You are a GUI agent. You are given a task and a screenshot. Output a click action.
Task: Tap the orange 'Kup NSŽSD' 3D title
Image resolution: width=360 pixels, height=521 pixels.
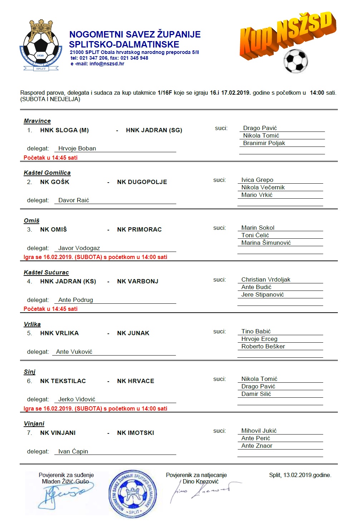(x=287, y=35)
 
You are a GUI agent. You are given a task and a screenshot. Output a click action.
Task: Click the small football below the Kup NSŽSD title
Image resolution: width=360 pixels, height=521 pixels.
(x=295, y=61)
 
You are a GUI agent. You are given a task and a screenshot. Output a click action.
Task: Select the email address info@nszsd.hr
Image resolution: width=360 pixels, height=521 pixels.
(x=107, y=64)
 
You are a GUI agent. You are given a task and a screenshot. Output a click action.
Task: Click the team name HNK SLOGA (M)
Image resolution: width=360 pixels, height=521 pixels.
(x=64, y=130)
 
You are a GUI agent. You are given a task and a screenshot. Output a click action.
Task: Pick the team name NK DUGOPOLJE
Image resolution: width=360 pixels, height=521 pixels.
(x=142, y=182)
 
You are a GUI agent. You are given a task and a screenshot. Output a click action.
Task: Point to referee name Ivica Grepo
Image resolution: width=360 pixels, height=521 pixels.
(x=257, y=180)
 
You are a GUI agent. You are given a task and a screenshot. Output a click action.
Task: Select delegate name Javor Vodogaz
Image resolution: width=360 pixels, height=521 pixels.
(x=79, y=248)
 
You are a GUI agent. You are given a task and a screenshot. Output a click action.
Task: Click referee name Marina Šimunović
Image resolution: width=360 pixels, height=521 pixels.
(x=266, y=243)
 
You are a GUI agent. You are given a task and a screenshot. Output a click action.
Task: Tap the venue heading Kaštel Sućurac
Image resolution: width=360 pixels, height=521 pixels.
(x=46, y=273)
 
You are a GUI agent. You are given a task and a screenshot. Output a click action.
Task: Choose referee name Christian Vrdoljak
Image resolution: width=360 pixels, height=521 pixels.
(x=266, y=280)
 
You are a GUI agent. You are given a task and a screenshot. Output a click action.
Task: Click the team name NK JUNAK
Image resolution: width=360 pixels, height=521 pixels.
(x=133, y=333)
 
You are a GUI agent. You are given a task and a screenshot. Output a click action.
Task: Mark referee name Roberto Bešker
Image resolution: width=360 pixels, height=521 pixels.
(x=263, y=347)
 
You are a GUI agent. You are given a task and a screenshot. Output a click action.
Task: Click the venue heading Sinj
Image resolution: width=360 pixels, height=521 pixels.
(x=30, y=372)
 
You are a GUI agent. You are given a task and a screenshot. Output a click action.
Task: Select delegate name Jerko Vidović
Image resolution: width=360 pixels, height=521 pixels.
(x=77, y=400)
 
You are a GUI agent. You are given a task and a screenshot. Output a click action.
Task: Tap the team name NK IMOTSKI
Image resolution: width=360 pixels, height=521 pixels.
(x=135, y=433)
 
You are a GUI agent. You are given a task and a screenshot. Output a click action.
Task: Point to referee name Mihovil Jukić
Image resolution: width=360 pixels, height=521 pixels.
(x=259, y=431)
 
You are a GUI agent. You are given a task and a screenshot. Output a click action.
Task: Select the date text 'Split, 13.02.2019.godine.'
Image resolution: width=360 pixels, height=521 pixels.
(x=300, y=475)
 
